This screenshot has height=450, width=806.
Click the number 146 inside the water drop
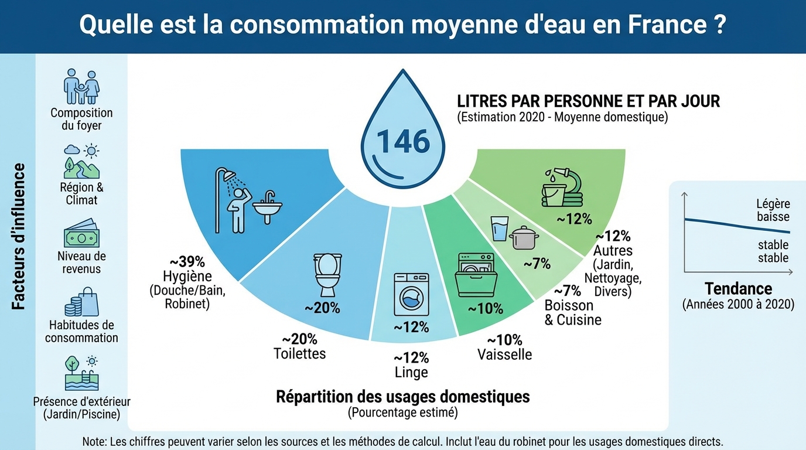coord(403,142)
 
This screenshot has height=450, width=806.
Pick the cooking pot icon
coord(523,238)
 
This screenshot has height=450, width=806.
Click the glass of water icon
coord(500,228)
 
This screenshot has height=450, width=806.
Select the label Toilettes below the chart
coord(299,353)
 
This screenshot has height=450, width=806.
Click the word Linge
coord(411,372)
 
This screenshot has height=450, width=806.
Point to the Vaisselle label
coord(504,354)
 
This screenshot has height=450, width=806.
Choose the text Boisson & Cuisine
coord(572,313)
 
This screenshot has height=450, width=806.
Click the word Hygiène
coord(187,276)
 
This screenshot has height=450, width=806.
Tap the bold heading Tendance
coord(738,288)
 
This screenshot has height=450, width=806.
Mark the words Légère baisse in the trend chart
coord(773,210)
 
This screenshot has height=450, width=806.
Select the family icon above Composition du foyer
coord(81,87)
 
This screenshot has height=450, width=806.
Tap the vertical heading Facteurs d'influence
coord(19,236)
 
